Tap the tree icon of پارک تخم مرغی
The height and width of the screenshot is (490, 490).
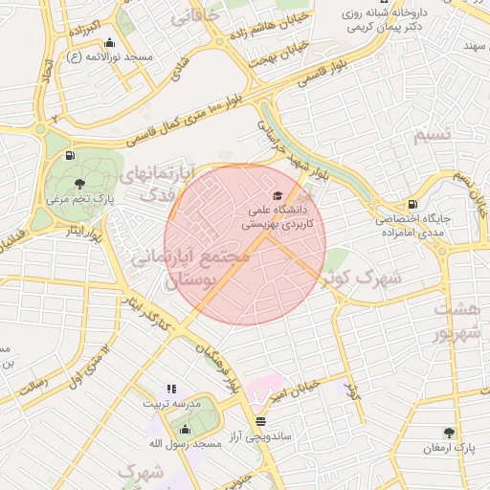click(x=79, y=183)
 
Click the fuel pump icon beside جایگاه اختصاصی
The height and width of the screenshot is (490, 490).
click(x=412, y=203)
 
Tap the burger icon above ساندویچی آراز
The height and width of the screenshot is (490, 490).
click(x=260, y=421)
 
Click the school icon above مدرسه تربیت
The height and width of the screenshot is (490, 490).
click(x=171, y=389)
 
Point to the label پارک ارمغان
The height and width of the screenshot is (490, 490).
click(x=451, y=448)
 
